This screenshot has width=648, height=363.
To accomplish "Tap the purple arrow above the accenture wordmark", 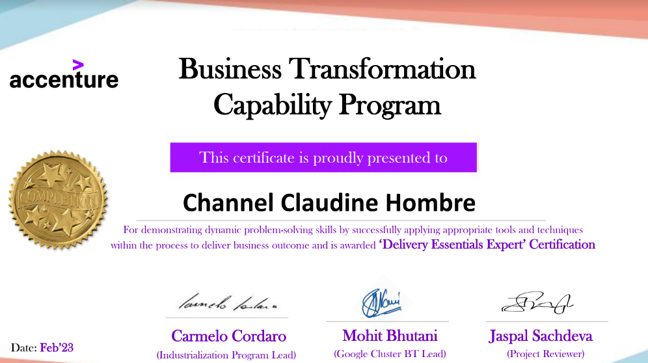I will point(78,64).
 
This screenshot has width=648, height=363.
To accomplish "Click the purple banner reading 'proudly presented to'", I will point(323,157).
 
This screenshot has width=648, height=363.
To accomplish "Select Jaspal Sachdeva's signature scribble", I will point(537,302).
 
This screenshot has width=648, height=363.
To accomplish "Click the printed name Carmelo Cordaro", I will point(228,336).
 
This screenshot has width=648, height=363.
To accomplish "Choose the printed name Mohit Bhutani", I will point(390,336).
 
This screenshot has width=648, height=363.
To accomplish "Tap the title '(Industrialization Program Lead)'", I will point(226,355).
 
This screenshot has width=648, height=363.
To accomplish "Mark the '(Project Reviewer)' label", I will point(545,354).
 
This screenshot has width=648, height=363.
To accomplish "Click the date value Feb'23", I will point(57,347).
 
